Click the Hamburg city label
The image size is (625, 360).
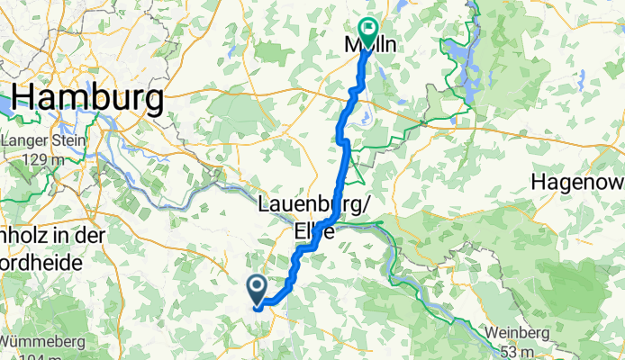(x=86, y=95)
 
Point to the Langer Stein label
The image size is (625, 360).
(x=44, y=140)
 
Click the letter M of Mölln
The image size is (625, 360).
(x=354, y=46)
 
